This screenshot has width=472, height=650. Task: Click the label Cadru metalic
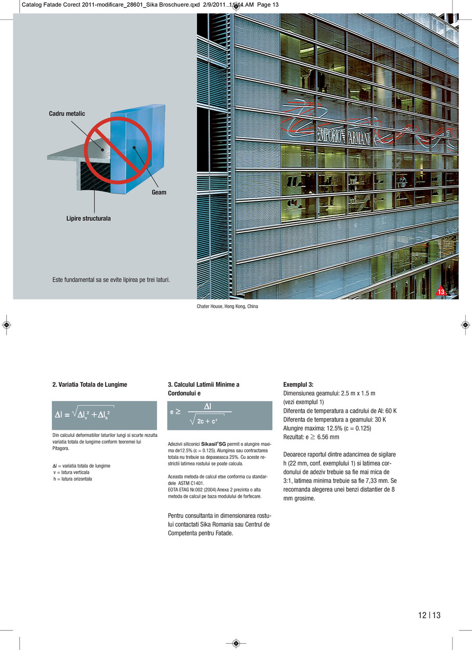(x=67, y=114)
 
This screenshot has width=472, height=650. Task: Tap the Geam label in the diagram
(x=159, y=193)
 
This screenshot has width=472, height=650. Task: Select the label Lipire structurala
(x=88, y=219)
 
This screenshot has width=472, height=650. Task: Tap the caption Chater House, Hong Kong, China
(x=227, y=306)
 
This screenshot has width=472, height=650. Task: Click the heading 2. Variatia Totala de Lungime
(x=90, y=384)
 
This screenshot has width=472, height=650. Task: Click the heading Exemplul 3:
(x=298, y=384)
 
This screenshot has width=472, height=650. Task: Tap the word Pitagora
(x=61, y=448)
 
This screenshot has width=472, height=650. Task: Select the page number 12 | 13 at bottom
(x=429, y=615)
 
